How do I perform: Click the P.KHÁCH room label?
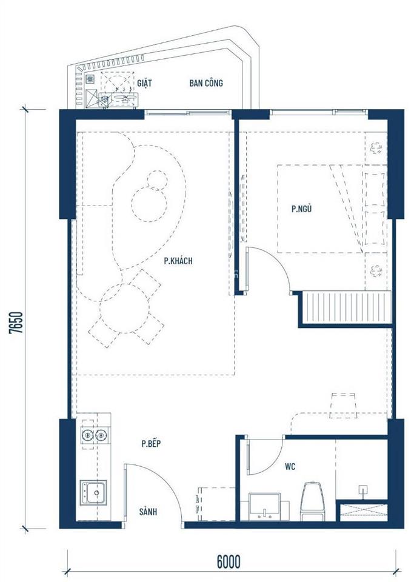(178, 261)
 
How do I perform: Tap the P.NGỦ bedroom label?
(301, 210)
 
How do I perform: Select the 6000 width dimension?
(226, 561)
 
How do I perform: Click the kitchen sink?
(93, 492)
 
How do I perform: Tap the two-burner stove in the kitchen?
(93, 434)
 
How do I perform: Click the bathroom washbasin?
(264, 506)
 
